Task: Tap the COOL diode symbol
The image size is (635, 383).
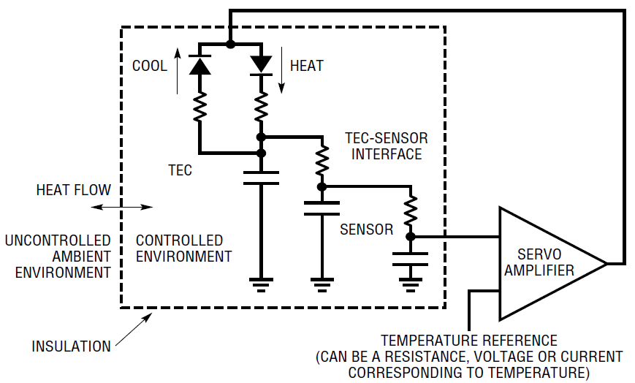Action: [x=199, y=65]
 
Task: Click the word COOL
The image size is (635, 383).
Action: [x=150, y=66]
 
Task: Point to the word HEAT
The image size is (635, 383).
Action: [x=306, y=66]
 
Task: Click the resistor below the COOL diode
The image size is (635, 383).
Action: [x=199, y=107]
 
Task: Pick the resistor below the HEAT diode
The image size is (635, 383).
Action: [x=261, y=108]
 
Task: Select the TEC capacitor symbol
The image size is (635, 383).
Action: [x=261, y=177]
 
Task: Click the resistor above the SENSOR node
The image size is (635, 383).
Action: [x=411, y=211]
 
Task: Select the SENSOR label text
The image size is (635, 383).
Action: [x=367, y=230]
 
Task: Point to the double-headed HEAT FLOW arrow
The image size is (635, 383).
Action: [x=123, y=208]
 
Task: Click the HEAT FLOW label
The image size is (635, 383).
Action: [x=74, y=190]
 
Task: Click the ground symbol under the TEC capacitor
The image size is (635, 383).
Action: [x=261, y=282]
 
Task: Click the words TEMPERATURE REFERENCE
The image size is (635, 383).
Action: [x=468, y=341]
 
